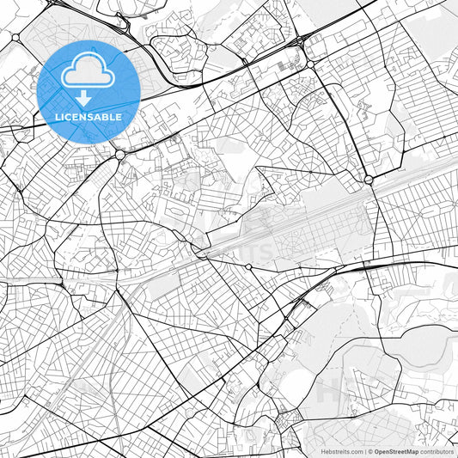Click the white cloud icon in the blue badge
point(89,70)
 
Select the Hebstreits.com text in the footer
point(341,451)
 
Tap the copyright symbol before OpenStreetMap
point(370,451)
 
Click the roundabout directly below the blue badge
point(119,154)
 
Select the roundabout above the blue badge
point(15,38)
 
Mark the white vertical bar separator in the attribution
point(364,451)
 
